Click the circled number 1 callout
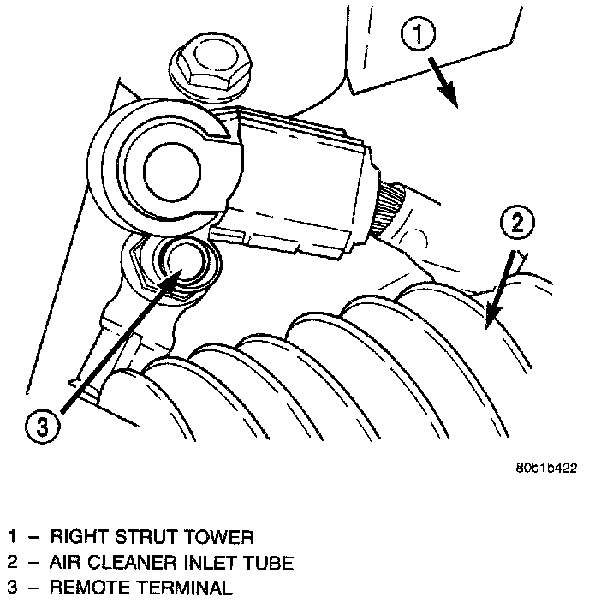[419, 35]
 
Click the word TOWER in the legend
[224, 538]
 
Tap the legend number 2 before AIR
[13, 563]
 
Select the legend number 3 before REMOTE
[13, 588]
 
